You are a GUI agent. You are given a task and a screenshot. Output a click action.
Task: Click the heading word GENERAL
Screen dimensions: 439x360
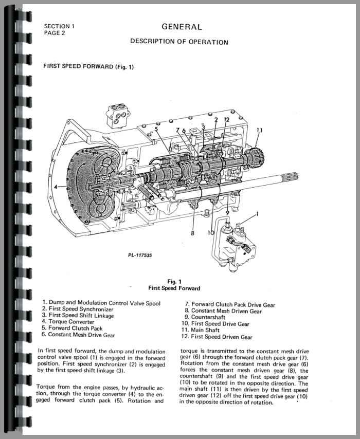click(182, 27)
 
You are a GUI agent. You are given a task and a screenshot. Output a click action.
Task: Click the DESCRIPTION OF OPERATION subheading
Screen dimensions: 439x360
click(179, 42)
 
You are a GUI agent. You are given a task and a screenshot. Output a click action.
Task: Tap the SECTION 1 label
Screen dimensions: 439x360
click(59, 26)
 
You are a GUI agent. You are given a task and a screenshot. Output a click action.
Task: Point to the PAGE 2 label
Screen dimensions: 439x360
click(55, 32)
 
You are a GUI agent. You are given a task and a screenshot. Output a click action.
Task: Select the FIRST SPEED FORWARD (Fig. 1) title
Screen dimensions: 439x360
click(88, 66)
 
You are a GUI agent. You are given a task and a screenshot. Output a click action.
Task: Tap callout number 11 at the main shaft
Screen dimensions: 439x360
click(259, 131)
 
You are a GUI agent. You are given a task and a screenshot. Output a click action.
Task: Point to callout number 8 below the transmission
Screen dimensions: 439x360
click(192, 233)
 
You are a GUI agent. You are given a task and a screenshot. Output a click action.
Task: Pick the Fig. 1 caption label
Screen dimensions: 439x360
click(174, 281)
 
